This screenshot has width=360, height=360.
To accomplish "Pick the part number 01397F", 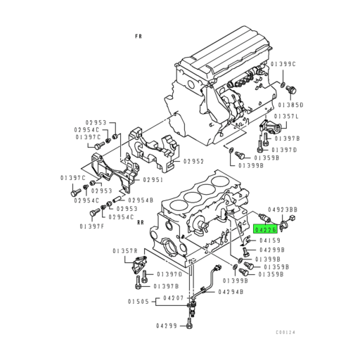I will point(92,226).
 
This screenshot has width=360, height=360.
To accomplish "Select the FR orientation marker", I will point(139,34).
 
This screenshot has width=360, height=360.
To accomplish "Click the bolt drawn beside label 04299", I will point(191,325).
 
